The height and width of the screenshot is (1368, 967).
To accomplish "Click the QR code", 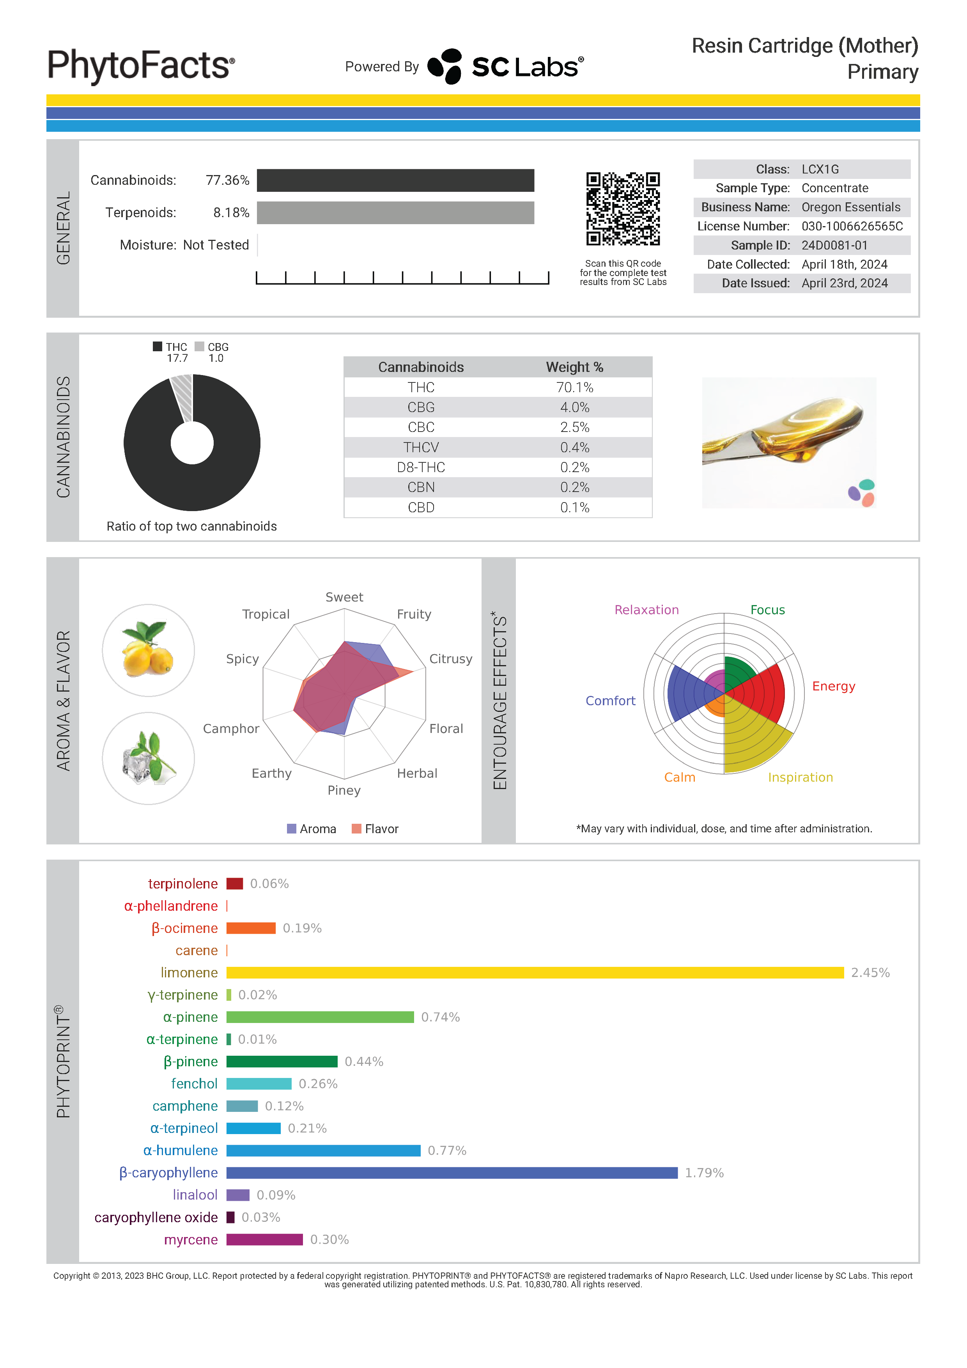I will tap(623, 209).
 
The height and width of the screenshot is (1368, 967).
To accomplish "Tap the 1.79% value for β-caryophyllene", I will tap(704, 1173).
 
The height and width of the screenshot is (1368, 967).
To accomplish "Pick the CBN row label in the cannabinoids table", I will tap(421, 487).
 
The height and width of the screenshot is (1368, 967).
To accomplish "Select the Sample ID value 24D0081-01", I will tap(834, 246).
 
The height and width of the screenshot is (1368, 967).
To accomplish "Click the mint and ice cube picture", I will tap(148, 759).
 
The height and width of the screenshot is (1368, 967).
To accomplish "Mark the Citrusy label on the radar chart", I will tap(450, 659).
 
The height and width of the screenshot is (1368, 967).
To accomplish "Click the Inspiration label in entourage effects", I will tap(800, 777).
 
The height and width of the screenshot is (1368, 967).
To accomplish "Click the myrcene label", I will tap(191, 1239).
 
